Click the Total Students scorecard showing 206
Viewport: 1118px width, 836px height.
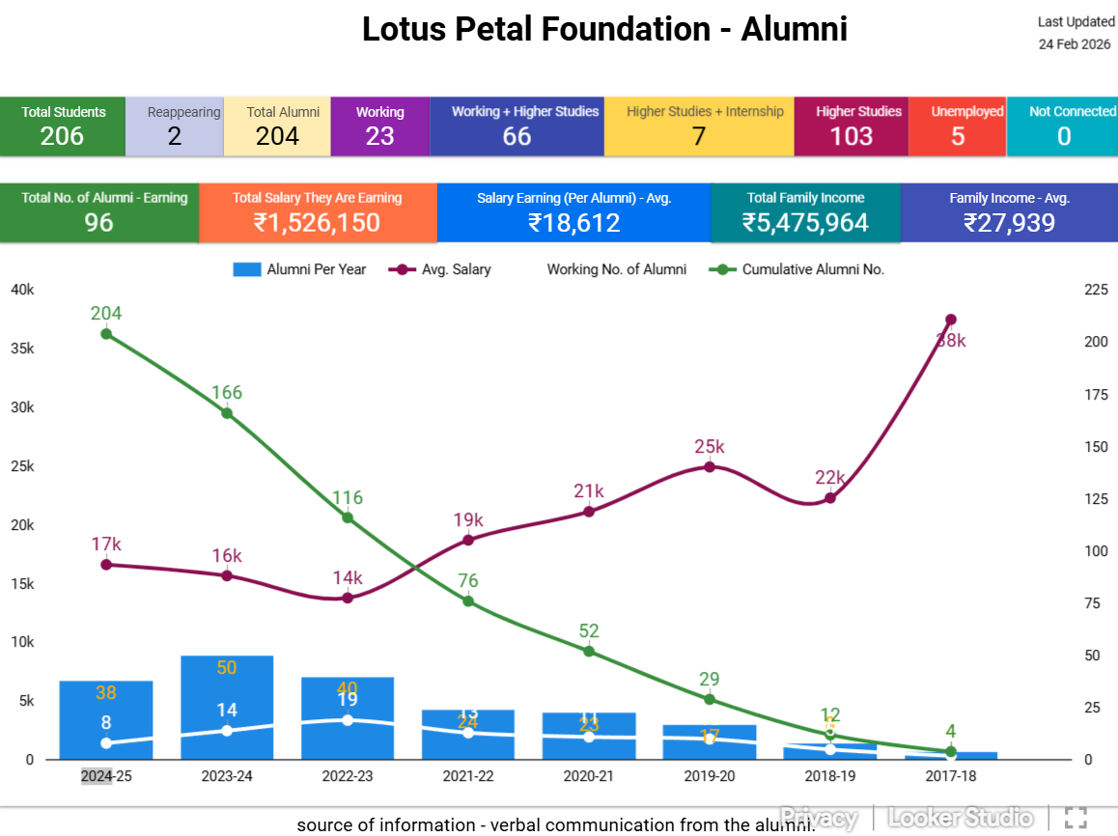pos(63,125)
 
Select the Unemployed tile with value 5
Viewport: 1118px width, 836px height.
pos(957,125)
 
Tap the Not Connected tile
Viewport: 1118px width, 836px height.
pos(1063,125)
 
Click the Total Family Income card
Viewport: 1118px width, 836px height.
pos(805,212)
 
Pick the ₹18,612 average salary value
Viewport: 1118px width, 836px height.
pos(573,223)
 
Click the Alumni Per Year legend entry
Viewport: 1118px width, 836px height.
pos(300,269)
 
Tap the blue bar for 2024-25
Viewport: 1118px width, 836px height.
pos(106,719)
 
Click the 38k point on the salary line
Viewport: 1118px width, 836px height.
pos(951,320)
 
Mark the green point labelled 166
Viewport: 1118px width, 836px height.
pos(227,413)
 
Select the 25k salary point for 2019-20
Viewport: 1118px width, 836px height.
pos(710,467)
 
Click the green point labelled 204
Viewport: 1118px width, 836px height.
pos(106,334)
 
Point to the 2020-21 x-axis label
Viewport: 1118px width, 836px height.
pos(589,775)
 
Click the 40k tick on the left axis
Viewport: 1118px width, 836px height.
pos(22,290)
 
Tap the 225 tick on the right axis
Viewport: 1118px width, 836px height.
pos(1096,290)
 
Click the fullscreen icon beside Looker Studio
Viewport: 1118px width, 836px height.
pos(1076,818)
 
